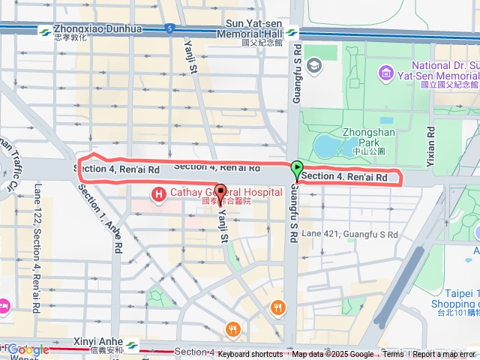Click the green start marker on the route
297,170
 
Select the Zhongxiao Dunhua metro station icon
45,32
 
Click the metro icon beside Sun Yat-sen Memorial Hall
291,33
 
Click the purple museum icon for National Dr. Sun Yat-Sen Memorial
385,72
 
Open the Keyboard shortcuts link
250,354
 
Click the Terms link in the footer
393,354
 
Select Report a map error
444,354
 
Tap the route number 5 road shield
170,29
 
